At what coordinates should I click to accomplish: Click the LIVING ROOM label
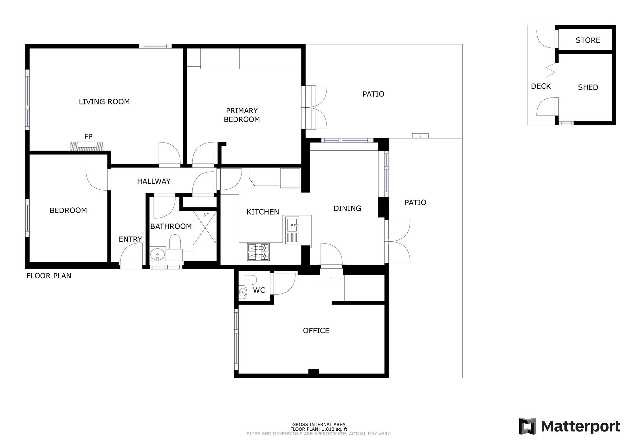point(104,102)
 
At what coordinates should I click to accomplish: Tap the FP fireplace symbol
point(87,146)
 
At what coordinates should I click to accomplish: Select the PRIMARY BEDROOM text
point(242,115)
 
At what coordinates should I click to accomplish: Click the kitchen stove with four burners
point(258,252)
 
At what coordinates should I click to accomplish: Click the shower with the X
point(205,228)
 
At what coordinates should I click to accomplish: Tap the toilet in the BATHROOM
point(175,242)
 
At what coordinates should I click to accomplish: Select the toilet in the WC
point(250,280)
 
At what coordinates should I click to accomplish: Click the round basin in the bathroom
point(157,254)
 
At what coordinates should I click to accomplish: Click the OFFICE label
point(316,331)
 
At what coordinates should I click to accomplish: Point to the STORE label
point(588,40)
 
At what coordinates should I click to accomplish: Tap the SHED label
point(588,87)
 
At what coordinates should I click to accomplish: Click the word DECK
point(541,86)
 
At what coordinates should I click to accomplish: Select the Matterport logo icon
point(527,426)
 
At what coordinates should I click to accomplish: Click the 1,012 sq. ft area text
point(319,429)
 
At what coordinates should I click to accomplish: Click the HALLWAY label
point(154,181)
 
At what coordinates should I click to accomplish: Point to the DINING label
point(347,208)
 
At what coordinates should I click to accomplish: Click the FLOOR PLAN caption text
point(49,276)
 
